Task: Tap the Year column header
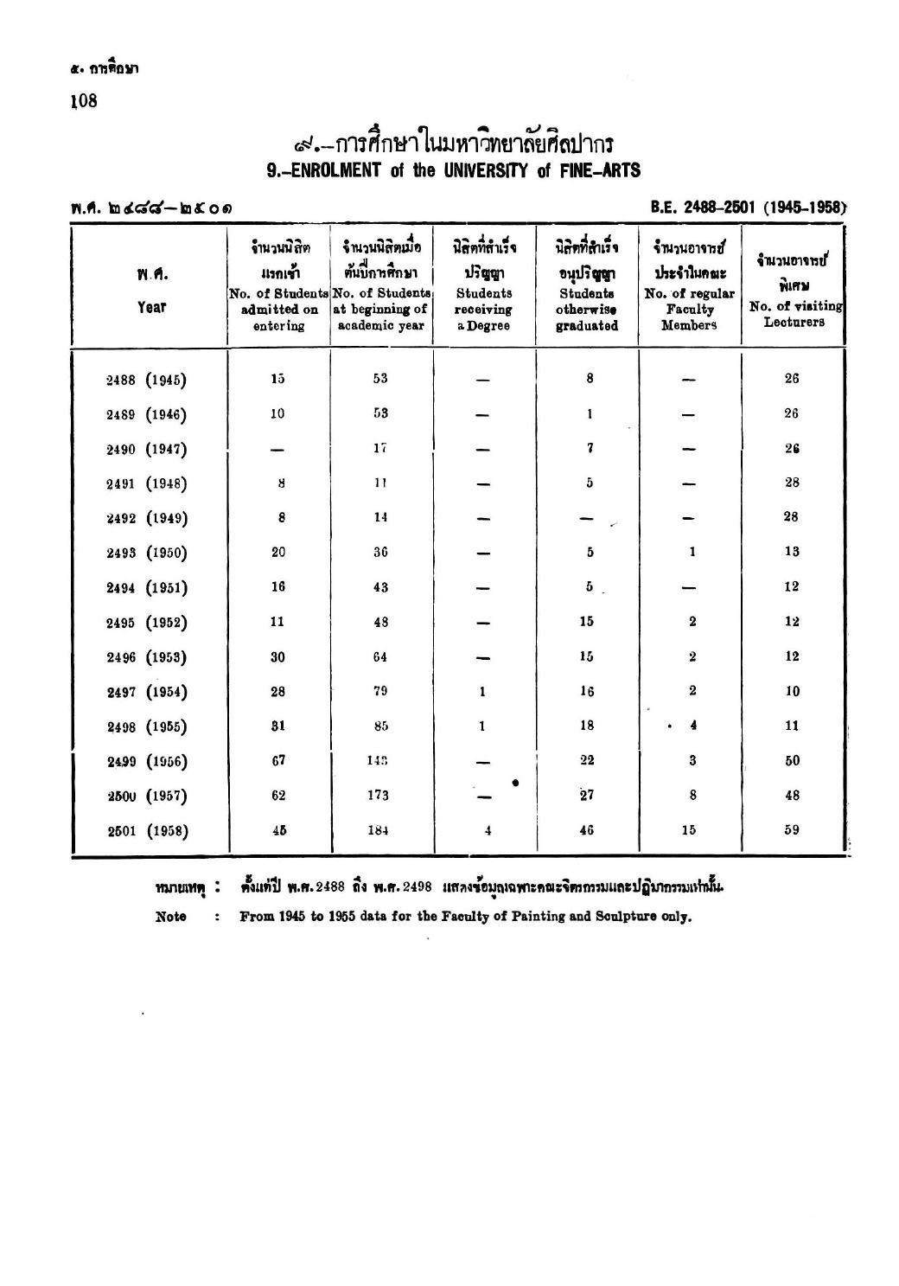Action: tap(151, 306)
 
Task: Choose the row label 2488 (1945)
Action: tap(147, 379)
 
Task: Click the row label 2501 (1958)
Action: tap(147, 831)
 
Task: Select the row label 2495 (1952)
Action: tap(147, 623)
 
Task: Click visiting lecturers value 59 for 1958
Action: tap(792, 830)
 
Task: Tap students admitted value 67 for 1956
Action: tap(278, 761)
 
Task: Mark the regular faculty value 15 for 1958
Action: tap(689, 830)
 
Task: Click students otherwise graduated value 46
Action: tap(587, 830)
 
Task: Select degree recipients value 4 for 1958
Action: tap(482, 831)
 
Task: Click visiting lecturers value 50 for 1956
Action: tap(792, 761)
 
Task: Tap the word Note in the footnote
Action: tap(171, 917)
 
